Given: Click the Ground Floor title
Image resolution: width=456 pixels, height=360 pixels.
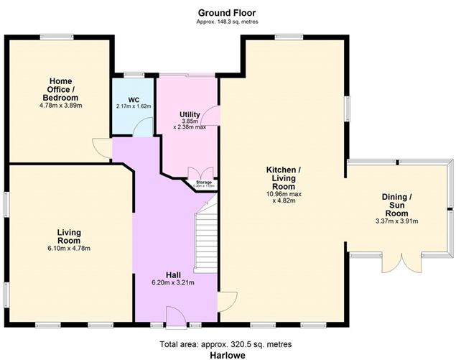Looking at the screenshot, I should click(x=226, y=12).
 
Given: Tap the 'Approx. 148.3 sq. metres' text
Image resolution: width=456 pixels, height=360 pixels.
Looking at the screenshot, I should click(x=226, y=22).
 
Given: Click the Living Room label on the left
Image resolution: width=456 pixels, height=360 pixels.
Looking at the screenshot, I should click(x=69, y=236).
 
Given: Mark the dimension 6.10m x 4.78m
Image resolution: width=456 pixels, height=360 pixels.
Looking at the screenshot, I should click(x=69, y=249).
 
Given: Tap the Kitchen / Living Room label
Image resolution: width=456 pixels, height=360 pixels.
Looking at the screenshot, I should click(x=283, y=177).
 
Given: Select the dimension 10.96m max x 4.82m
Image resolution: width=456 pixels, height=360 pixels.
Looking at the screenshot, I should click(x=283, y=197).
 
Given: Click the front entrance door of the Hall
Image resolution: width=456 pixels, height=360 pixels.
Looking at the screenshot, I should click(x=175, y=316).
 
